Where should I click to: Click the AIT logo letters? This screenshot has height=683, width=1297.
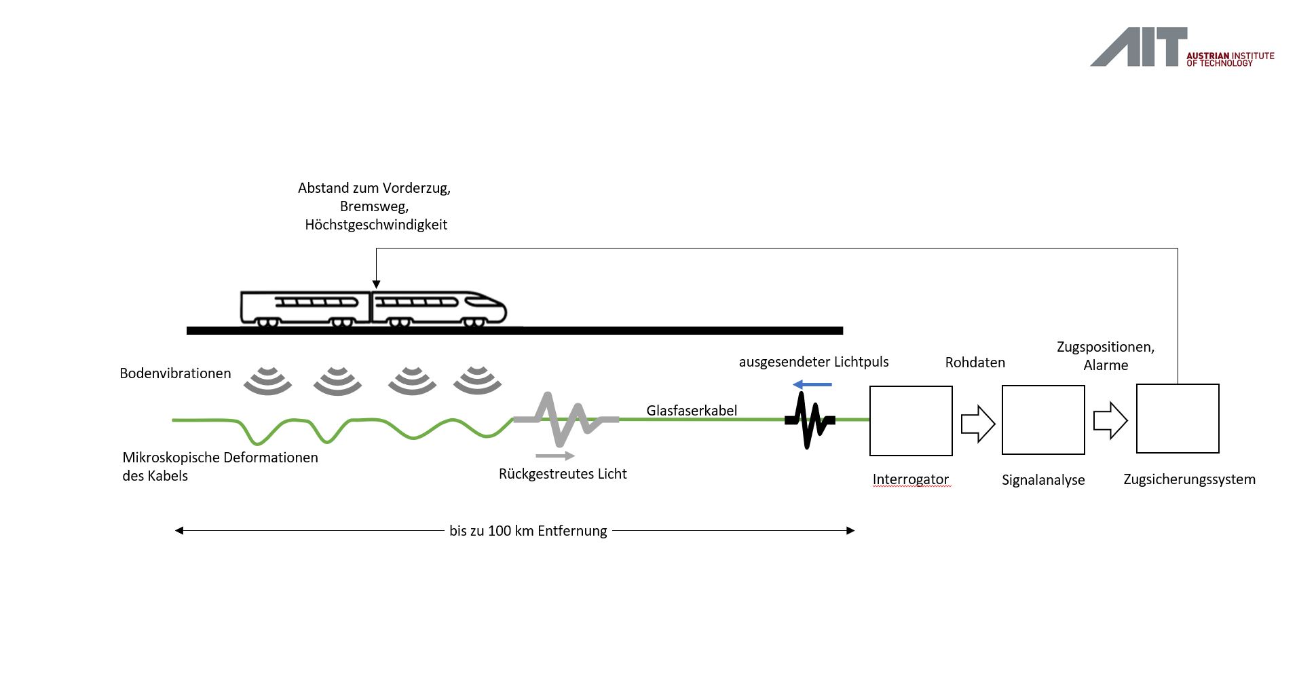coord(1139,47)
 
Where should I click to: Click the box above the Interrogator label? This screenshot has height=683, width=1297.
coord(911,420)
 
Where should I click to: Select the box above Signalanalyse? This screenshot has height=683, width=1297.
coord(1043,420)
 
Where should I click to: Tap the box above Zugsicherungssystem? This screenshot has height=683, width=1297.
coord(1178,418)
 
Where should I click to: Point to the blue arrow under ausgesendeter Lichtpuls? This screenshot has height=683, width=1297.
coord(812,385)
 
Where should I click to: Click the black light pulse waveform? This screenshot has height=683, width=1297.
coord(809,420)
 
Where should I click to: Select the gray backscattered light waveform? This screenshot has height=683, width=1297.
coord(565,419)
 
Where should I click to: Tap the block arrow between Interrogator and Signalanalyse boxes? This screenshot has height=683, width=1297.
coord(978,424)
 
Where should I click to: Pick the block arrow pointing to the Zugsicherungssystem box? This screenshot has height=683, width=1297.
coord(1110,421)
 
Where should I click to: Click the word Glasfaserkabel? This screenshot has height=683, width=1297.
coord(691,410)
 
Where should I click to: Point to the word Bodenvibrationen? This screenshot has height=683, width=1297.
coord(175,373)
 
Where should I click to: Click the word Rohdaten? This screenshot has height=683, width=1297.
coord(975,363)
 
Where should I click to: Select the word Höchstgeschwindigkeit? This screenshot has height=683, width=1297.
coord(376,225)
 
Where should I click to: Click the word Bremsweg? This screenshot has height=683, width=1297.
coord(374,206)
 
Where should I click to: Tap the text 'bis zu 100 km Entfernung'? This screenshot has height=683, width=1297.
coord(528,531)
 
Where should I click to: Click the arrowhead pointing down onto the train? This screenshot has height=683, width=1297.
coord(377,284)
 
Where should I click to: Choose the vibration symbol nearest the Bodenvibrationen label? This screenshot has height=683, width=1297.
coord(267,381)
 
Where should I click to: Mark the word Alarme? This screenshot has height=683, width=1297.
coord(1106,365)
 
